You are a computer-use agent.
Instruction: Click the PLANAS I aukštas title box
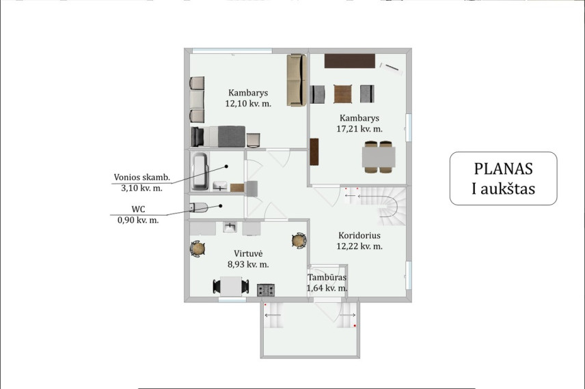(x=503, y=179)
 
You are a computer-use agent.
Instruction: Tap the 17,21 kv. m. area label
(x=359, y=129)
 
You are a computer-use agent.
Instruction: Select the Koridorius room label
(x=359, y=235)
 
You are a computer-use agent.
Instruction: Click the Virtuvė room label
(x=248, y=254)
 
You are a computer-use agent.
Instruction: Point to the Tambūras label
(x=327, y=278)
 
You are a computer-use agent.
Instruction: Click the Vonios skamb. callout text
(x=141, y=177)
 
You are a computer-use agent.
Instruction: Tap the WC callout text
(x=138, y=210)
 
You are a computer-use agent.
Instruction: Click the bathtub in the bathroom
(x=200, y=171)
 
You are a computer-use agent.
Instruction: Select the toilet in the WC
(x=198, y=207)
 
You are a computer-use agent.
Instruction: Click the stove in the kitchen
(x=266, y=290)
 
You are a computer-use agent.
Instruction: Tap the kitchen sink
(x=230, y=227)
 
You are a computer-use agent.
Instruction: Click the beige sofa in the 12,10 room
(x=297, y=80)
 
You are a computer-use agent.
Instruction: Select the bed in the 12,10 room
(x=218, y=136)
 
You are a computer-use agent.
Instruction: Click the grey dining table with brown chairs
(x=379, y=157)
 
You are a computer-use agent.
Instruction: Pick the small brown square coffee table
(x=342, y=94)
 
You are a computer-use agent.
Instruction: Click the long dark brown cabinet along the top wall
(x=350, y=61)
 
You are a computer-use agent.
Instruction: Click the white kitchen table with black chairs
(x=230, y=287)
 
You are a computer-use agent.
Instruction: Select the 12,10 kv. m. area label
(x=248, y=104)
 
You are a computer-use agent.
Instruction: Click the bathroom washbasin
(x=220, y=186)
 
